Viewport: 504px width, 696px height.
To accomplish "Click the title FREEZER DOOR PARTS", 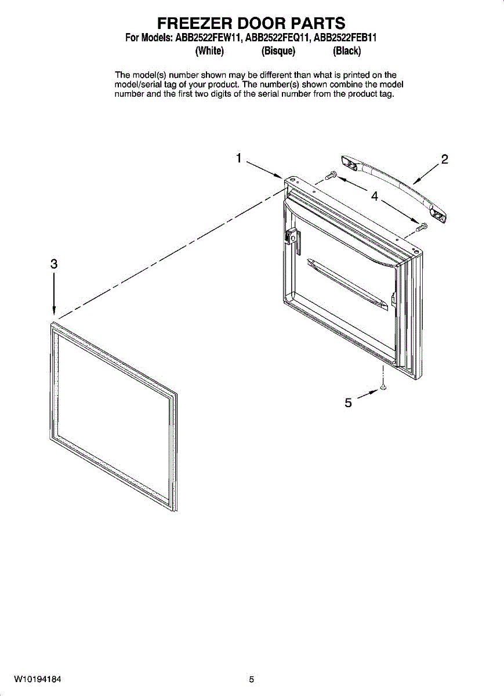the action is click(252, 23).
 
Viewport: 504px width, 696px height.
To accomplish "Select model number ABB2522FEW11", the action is click(209, 39).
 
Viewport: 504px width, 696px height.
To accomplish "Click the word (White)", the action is click(209, 51).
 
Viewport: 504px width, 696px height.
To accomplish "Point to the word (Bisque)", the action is click(278, 51).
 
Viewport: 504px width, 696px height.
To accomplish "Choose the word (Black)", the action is click(347, 51).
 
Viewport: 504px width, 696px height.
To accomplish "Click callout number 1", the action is click(238, 158).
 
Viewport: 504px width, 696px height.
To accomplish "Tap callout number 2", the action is click(444, 159).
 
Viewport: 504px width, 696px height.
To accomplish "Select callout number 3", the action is click(53, 264).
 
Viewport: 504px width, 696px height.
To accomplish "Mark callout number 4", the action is click(375, 197).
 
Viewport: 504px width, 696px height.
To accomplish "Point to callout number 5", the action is click(348, 403).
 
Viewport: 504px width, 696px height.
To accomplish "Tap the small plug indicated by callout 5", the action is click(383, 387).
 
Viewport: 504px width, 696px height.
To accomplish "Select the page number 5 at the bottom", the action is click(252, 679).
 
